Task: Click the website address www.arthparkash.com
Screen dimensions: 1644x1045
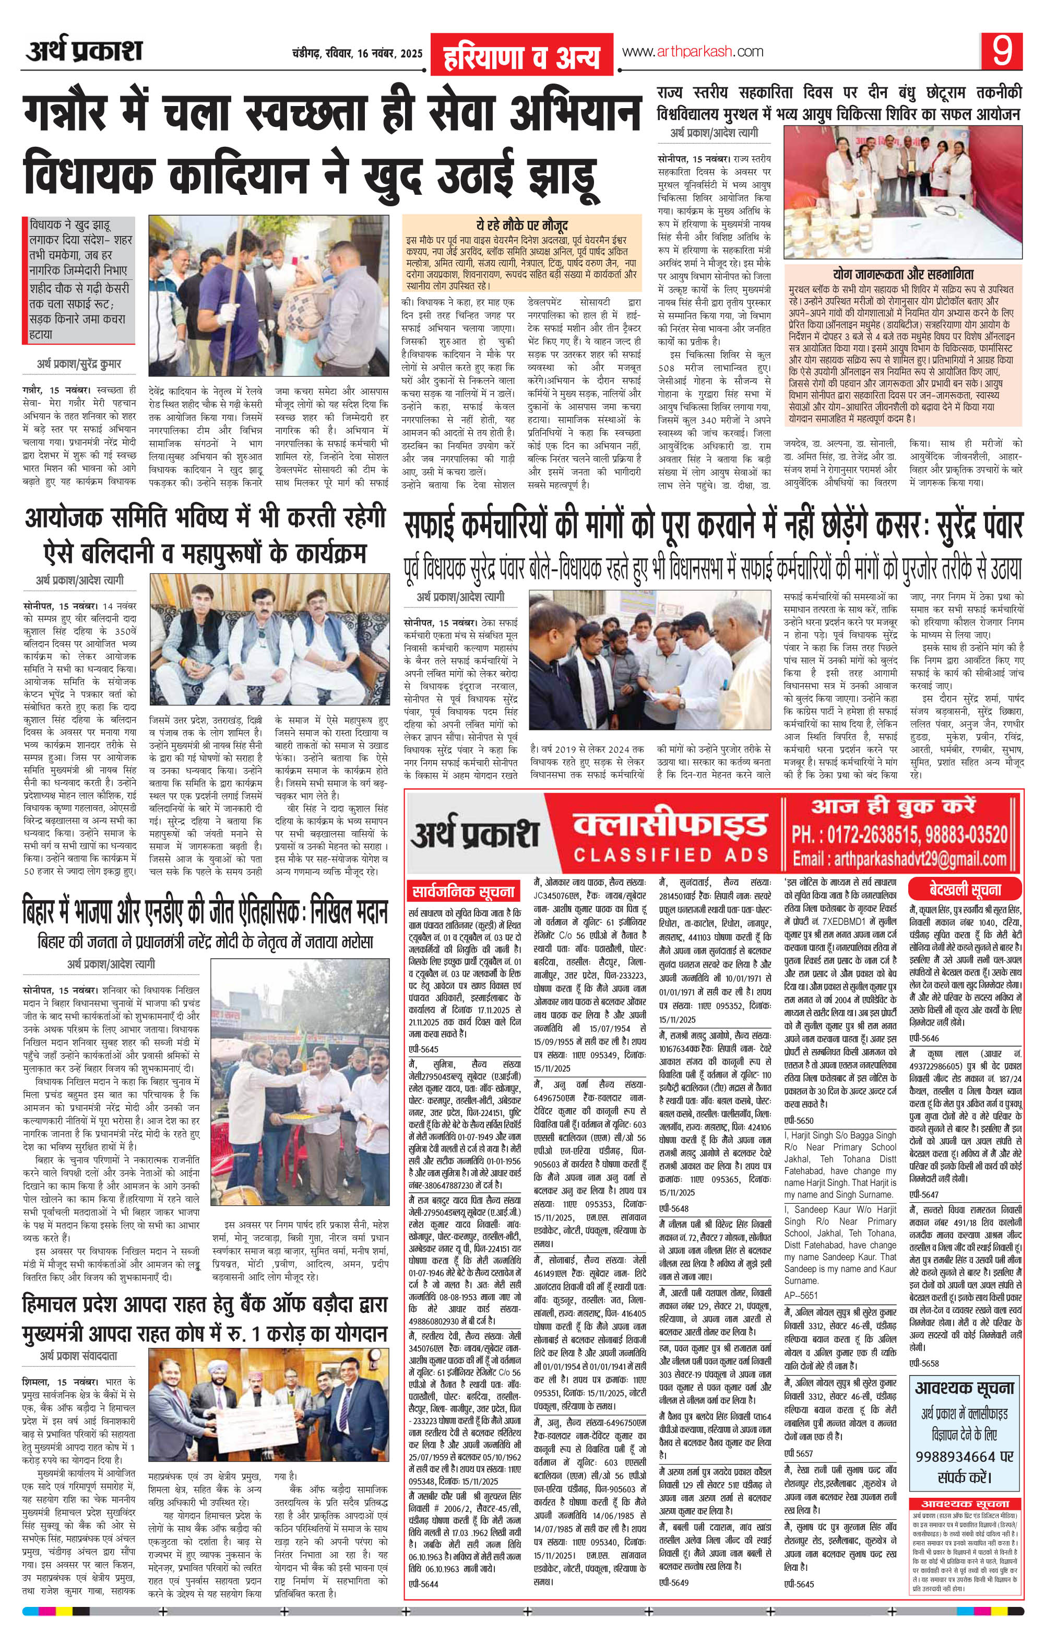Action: (x=692, y=51)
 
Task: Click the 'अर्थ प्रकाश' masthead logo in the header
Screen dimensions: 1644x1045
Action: (x=85, y=52)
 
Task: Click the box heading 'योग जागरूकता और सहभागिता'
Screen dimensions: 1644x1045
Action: (x=905, y=275)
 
